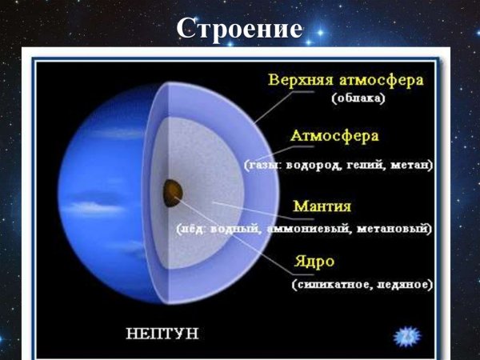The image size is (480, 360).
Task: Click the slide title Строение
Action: tap(240, 28)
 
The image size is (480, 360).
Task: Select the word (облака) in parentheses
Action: tap(358, 99)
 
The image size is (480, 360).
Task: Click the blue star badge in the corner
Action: tap(408, 334)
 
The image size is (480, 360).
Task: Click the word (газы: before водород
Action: tap(263, 166)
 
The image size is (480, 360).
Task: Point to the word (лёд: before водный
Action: tap(194, 230)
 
